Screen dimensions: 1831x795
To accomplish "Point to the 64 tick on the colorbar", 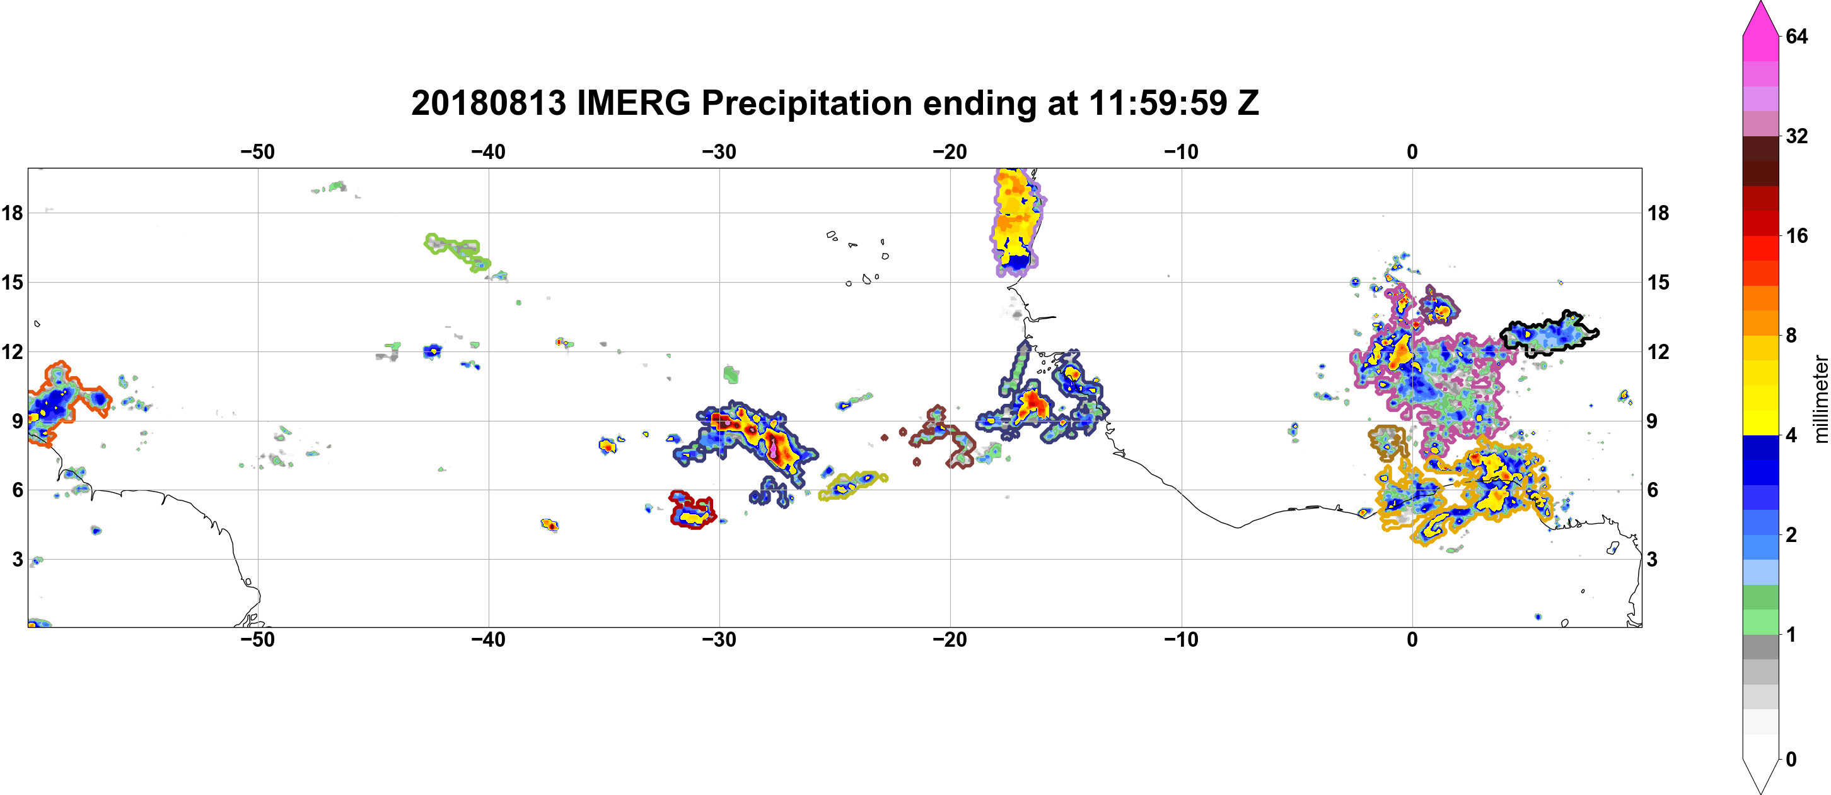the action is point(1796,36).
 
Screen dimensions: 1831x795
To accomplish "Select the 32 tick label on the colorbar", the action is point(1796,136).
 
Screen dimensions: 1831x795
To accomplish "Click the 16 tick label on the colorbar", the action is point(1796,235).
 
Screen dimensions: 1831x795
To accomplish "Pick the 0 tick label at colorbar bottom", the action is point(1791,760).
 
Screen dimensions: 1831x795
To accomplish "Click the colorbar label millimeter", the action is point(1820,399).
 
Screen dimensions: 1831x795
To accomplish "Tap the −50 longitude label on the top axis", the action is point(257,151).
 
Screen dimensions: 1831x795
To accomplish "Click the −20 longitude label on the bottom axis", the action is point(950,639).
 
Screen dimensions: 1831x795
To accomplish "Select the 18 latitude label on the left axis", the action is point(12,213).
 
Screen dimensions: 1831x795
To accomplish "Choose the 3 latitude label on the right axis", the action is point(1653,559).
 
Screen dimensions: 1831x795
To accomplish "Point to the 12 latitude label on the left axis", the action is point(12,351).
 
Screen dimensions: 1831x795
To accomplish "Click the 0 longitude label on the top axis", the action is point(1412,151).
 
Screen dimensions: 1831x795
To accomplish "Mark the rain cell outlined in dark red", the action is point(692,510).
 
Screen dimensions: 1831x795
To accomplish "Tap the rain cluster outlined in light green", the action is point(458,251).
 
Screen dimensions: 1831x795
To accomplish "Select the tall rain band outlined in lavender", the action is point(1016,222).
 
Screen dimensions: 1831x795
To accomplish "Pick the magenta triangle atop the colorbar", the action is point(1760,18).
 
